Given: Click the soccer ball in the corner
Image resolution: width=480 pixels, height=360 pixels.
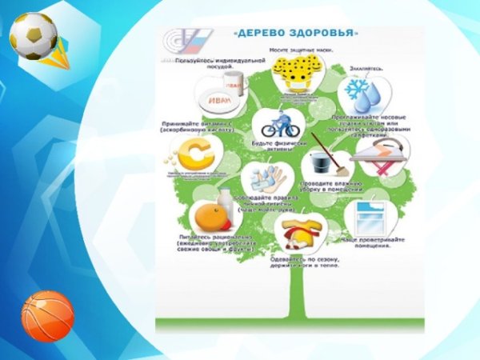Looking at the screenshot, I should click(32, 36).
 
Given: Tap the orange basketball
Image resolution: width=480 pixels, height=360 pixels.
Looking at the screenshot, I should click(47, 314).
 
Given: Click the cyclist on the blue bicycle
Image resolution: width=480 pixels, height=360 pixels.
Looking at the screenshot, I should click(280, 126).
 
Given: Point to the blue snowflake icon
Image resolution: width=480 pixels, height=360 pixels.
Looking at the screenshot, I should click(357, 90).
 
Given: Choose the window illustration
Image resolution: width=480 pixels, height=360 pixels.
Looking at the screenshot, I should click(373, 217).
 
